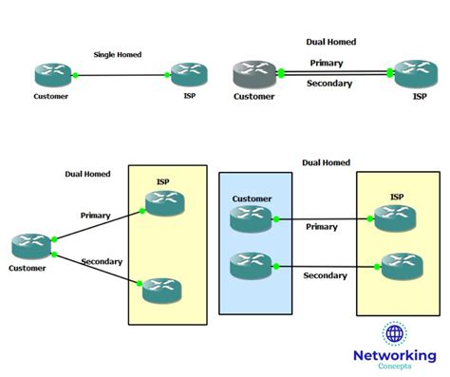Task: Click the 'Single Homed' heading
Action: click(x=118, y=55)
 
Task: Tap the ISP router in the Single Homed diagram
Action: click(x=188, y=74)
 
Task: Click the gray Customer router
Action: click(x=253, y=74)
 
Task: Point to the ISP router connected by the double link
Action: click(x=416, y=74)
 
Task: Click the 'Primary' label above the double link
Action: click(x=328, y=63)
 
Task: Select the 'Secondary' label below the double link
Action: click(x=330, y=84)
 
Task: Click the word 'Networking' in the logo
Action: click(x=395, y=355)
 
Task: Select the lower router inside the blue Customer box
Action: click(x=251, y=265)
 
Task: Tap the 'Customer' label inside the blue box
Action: click(x=251, y=199)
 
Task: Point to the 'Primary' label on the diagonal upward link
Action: click(x=96, y=216)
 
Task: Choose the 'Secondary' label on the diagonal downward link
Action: click(x=101, y=261)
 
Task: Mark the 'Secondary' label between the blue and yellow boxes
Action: click(x=325, y=275)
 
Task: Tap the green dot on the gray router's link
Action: click(x=281, y=73)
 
